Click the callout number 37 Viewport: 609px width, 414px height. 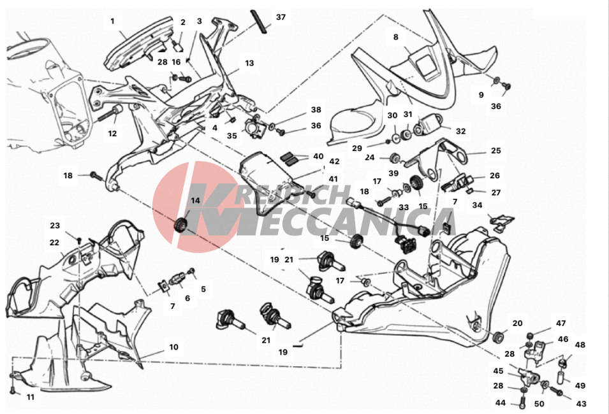click(x=281, y=17)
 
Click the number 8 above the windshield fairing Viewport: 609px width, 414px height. click(x=396, y=38)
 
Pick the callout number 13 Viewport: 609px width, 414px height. click(x=249, y=63)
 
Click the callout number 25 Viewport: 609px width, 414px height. click(x=495, y=151)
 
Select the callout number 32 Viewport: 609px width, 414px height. click(x=460, y=131)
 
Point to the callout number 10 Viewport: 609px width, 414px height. click(x=173, y=348)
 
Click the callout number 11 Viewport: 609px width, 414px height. click(x=31, y=397)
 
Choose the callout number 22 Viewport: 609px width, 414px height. click(x=55, y=243)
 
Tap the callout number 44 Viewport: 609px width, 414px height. click(x=501, y=403)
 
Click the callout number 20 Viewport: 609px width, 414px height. click(x=517, y=323)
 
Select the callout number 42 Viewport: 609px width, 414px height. click(x=334, y=162)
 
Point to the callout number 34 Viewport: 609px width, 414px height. click(x=477, y=205)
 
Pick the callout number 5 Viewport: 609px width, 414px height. click(x=203, y=289)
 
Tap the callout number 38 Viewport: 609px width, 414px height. click(x=316, y=110)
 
